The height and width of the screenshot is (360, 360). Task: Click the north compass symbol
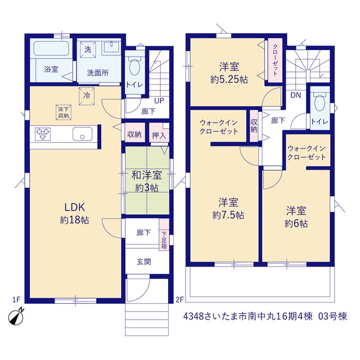pos(16,317)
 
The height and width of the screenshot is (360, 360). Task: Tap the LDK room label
pos(75,207)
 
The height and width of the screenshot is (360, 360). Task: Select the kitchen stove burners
pos(43,134)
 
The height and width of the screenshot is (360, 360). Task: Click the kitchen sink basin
pos(83,134)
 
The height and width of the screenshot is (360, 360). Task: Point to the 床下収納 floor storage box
pos(64,112)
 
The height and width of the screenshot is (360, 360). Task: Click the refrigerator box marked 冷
pos(87,96)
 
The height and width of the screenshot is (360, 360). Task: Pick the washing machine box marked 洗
pos(88,49)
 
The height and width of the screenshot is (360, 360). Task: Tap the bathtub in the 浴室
pos(51,48)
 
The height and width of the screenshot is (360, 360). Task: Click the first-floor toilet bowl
pos(135,67)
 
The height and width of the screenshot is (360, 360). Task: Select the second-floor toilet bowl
pos(319,103)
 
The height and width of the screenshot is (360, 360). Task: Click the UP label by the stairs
pos(159,101)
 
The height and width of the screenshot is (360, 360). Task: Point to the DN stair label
pos(295,95)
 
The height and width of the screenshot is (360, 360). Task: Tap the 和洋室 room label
pos(147,175)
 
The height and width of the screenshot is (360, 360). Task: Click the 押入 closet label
pos(159,136)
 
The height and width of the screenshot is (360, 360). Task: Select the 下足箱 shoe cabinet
pos(164,235)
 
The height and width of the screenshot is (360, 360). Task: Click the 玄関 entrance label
pos(144,262)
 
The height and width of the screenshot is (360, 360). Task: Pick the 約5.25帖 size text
pos(229,80)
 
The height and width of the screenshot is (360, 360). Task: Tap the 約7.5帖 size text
pos(228,215)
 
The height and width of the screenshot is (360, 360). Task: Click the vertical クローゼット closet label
pos(275,60)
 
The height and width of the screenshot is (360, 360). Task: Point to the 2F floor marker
pos(180,299)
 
